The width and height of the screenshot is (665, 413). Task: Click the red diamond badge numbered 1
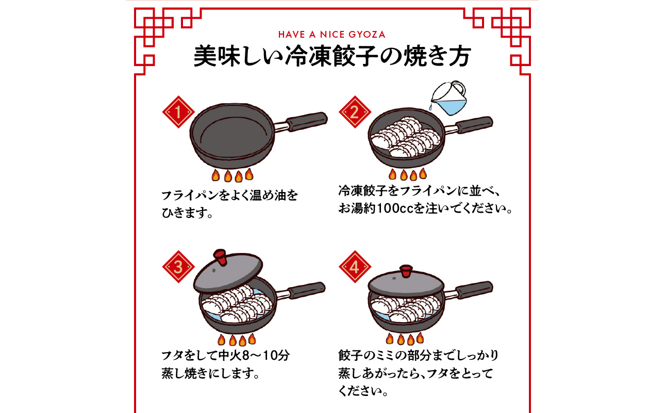click(x=178, y=112)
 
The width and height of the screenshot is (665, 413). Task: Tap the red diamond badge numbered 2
click(x=355, y=112)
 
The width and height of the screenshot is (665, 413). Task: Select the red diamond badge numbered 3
click(x=178, y=267)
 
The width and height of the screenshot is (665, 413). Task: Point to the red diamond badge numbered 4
click(x=355, y=267)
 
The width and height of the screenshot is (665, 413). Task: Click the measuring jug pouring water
click(x=449, y=98)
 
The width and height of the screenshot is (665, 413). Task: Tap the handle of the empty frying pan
click(x=306, y=121)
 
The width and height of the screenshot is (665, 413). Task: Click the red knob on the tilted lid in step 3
click(x=220, y=257)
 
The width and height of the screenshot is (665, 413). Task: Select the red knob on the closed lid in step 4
click(x=406, y=271)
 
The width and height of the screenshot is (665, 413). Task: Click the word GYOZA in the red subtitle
click(x=367, y=35)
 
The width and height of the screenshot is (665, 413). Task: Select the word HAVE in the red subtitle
click(x=292, y=35)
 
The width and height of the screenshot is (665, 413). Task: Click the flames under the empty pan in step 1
click(x=232, y=175)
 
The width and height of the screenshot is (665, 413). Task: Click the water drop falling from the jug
click(x=430, y=107)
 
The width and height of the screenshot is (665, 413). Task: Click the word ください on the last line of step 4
click(x=359, y=391)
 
